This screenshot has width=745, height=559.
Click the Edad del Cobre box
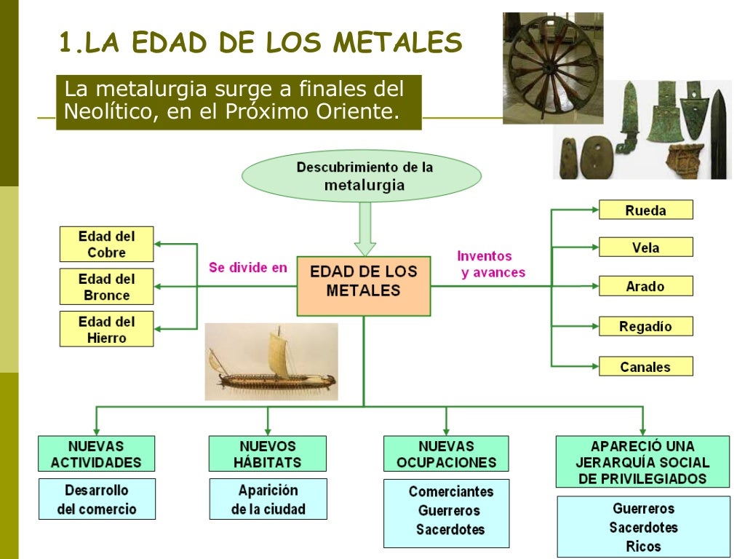[x=106, y=244]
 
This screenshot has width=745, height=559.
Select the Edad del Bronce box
[x=106, y=287]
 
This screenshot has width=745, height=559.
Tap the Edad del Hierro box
[x=106, y=329]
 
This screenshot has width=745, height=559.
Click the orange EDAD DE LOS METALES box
[x=363, y=280]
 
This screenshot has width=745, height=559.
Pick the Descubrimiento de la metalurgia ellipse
[x=362, y=175]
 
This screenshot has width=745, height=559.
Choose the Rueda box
[x=645, y=210]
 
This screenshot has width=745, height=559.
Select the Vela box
[x=645, y=247]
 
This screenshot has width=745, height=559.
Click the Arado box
[x=645, y=286]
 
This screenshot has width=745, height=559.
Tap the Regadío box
[x=645, y=326]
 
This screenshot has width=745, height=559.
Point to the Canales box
[x=645, y=366]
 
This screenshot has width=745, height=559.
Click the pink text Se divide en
[x=247, y=267]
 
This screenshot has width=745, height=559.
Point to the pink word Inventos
[x=485, y=256]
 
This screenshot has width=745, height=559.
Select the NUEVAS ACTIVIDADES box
[x=96, y=453]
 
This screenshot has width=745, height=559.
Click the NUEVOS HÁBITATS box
[x=267, y=453]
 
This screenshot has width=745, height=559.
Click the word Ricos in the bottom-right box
[x=643, y=546]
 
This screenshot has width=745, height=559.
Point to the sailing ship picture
[x=271, y=362]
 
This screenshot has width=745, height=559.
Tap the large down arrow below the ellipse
[x=364, y=229]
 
